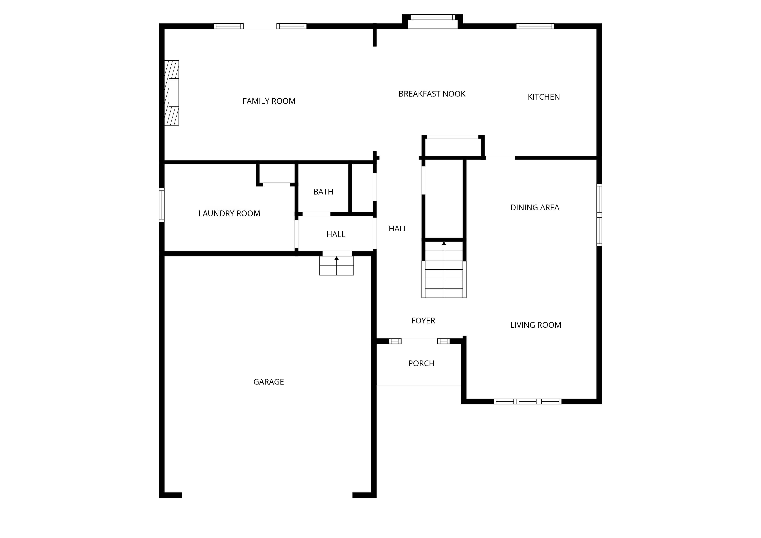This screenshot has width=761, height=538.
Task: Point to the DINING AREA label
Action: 535,208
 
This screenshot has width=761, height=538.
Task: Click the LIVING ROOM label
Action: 536,325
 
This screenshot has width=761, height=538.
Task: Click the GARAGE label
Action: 269,382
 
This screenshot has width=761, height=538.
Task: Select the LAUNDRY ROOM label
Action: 229,214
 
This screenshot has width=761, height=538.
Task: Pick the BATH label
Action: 323,192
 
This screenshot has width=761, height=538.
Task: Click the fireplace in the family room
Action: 172,93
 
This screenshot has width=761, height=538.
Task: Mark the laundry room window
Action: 162,205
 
